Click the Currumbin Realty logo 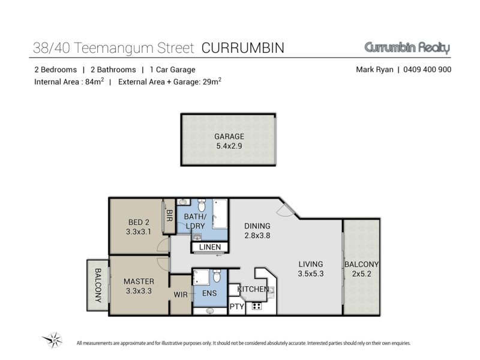[407, 48]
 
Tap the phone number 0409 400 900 [427, 70]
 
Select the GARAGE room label [229, 137]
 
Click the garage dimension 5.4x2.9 [229, 146]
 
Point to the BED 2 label [139, 222]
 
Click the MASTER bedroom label [139, 281]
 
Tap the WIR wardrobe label [181, 295]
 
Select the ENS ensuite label [209, 293]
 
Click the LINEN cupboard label [210, 247]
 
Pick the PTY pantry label [237, 307]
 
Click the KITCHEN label [253, 289]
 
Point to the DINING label [257, 226]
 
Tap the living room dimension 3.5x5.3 [311, 274]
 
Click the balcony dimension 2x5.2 [362, 274]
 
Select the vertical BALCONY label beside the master [98, 286]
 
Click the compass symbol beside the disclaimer [53, 340]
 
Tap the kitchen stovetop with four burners [257, 306]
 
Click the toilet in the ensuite [217, 275]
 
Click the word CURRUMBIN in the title [243, 48]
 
